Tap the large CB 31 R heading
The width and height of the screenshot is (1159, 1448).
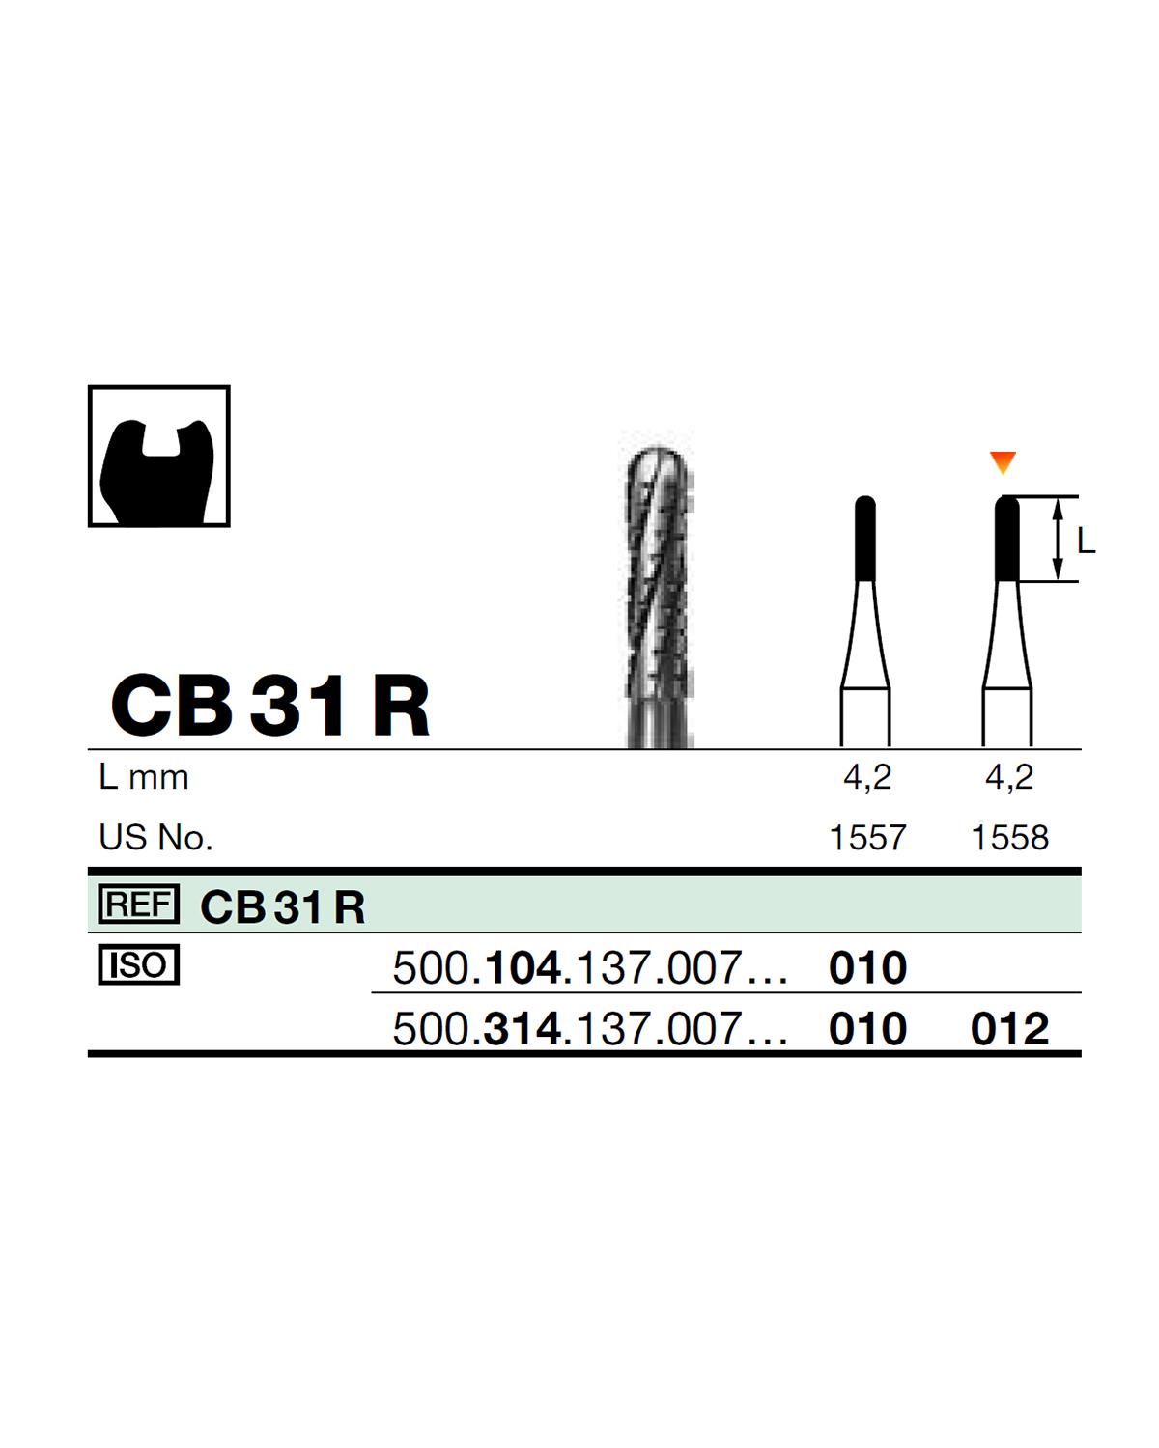270,706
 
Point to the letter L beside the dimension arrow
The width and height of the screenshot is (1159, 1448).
1086,541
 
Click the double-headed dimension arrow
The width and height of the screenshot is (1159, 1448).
1058,539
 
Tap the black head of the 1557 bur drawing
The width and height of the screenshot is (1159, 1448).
865,539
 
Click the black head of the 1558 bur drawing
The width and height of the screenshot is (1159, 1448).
1006,539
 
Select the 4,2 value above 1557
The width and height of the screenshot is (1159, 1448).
867,778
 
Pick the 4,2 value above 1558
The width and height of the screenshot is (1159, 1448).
1009,778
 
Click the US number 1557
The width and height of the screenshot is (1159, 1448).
867,838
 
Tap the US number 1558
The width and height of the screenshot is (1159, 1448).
1009,838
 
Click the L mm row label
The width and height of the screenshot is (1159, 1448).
144,778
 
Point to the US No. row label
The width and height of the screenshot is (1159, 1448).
155,838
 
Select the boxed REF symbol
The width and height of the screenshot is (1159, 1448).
139,904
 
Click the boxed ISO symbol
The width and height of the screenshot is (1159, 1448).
139,965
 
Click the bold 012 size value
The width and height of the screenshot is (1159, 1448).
1009,1029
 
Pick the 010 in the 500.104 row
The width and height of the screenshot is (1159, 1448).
867,968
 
